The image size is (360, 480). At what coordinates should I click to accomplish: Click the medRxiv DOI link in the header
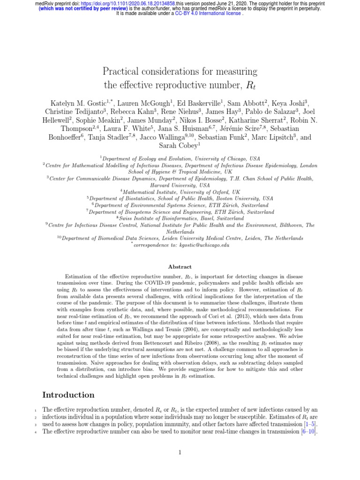click(x=118, y=3)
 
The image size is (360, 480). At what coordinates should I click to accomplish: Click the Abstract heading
click(x=180, y=267)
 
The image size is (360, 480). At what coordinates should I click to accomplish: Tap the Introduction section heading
click(x=68, y=395)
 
